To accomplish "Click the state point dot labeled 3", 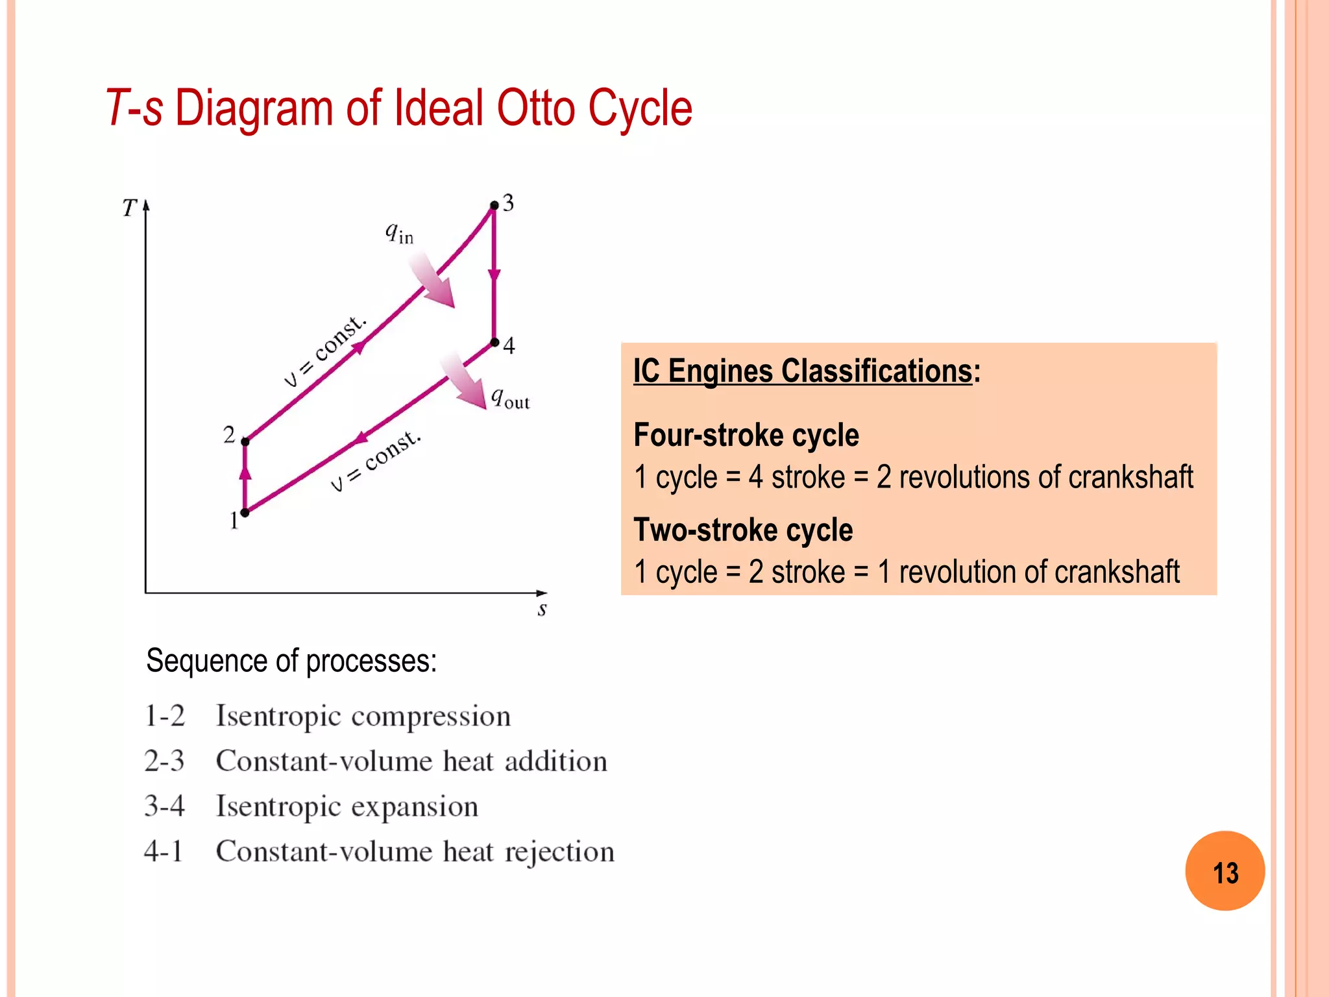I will [x=494, y=205].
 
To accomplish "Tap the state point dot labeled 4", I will [x=494, y=342].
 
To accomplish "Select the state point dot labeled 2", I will [x=245, y=441].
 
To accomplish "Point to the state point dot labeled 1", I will [x=245, y=513].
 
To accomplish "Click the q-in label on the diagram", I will [x=399, y=232].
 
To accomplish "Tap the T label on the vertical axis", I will [x=129, y=208].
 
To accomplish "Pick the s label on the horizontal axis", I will [x=543, y=609].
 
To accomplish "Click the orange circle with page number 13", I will [x=1225, y=871].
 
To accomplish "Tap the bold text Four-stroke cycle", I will [x=746, y=435].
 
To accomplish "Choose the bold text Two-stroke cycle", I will [x=743, y=530].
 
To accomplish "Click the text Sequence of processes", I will [x=291, y=661].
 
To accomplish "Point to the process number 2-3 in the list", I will [x=164, y=761].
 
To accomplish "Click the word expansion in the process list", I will [x=415, y=807].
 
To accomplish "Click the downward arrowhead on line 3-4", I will [x=494, y=275].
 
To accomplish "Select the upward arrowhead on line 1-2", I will [x=245, y=472].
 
